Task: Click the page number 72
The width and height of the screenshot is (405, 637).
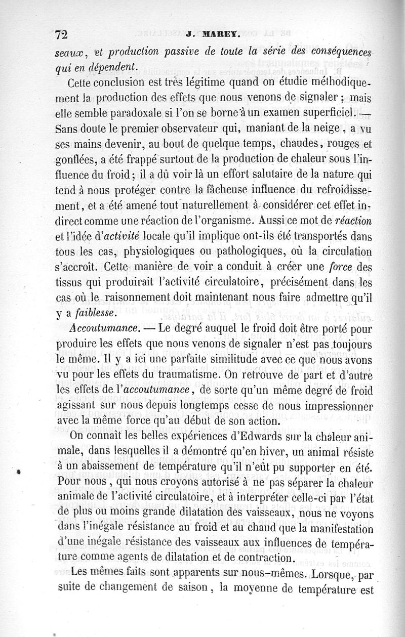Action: point(61,35)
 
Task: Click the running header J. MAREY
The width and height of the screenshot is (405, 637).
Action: point(208,36)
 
